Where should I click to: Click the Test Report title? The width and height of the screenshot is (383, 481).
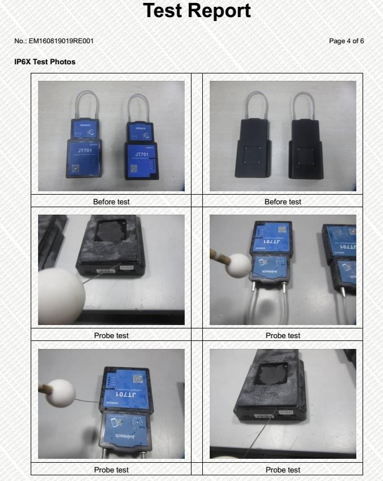[x=197, y=11]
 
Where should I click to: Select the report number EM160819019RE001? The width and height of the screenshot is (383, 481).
[x=54, y=41]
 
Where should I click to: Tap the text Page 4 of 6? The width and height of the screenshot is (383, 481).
[x=346, y=41]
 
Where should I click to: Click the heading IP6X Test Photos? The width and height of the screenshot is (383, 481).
[x=44, y=61]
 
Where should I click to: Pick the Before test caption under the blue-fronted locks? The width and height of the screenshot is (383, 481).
[x=111, y=202]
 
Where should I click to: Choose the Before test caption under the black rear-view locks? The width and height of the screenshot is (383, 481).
[x=283, y=202]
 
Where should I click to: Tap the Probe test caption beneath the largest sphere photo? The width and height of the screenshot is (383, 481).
[x=111, y=335]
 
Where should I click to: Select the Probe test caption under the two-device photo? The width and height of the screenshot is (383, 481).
[x=283, y=335]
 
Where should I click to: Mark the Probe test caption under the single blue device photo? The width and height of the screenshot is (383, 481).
[x=111, y=470]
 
